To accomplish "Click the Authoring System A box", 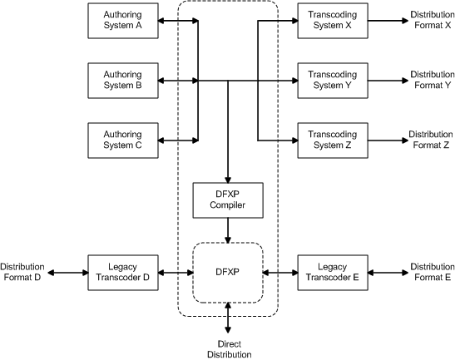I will [x=122, y=20].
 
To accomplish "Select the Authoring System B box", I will [x=122, y=80].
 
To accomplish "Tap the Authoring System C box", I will [x=122, y=139].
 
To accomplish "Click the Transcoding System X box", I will [x=332, y=20].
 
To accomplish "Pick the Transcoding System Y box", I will [x=332, y=80].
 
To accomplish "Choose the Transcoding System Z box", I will [x=332, y=139].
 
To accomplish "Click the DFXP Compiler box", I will [x=227, y=199].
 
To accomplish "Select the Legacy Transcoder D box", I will [x=122, y=272].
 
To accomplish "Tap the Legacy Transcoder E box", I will [x=332, y=272].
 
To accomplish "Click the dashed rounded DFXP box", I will [x=227, y=272].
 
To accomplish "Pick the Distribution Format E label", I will [x=431, y=272].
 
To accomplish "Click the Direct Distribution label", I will [x=227, y=348].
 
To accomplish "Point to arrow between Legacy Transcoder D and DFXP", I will [x=175, y=272].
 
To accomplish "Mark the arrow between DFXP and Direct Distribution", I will [x=227, y=318].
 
